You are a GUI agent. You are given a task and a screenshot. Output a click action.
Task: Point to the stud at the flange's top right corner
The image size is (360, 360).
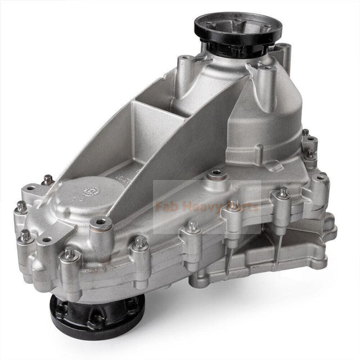[x=305, y=134]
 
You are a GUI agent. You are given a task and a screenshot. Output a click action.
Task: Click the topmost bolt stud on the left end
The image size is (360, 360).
[x=48, y=179]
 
